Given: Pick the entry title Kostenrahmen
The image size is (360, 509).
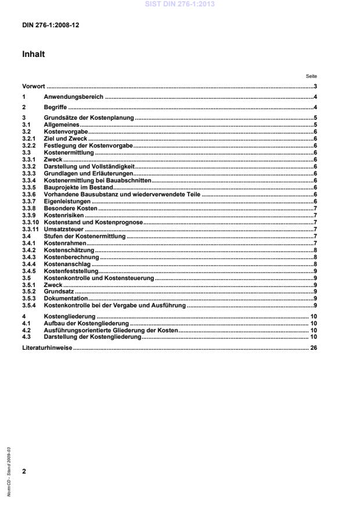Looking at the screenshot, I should pyautogui.click(x=64, y=243).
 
